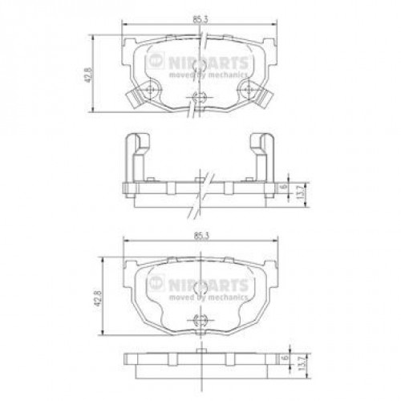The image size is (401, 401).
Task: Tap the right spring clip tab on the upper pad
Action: (267, 99)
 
